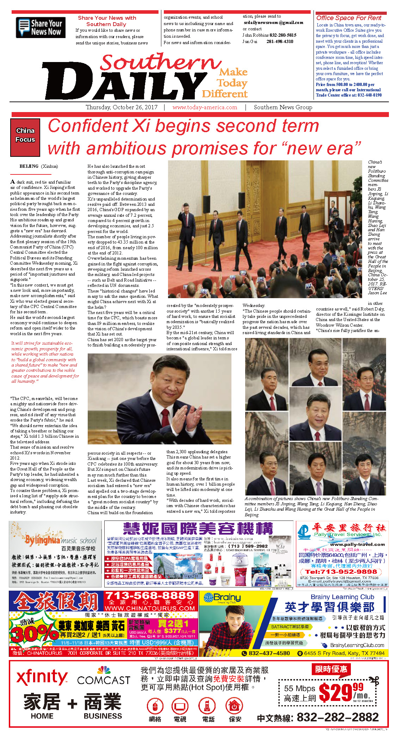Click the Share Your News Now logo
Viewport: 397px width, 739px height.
click(x=41, y=27)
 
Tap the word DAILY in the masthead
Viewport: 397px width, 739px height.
click(x=120, y=84)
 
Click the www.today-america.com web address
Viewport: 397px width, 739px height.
click(x=205, y=107)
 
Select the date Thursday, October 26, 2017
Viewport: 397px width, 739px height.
click(x=122, y=107)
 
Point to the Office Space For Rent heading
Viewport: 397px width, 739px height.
click(x=348, y=18)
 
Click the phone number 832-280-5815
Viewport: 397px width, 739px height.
click(x=283, y=35)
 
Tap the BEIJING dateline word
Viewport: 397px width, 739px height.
click(x=29, y=166)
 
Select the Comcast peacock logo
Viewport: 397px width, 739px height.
click(x=104, y=670)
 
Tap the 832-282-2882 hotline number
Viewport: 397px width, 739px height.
click(x=337, y=717)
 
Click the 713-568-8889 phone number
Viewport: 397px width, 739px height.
click(x=150, y=596)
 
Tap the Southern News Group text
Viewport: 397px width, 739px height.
click(x=283, y=107)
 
